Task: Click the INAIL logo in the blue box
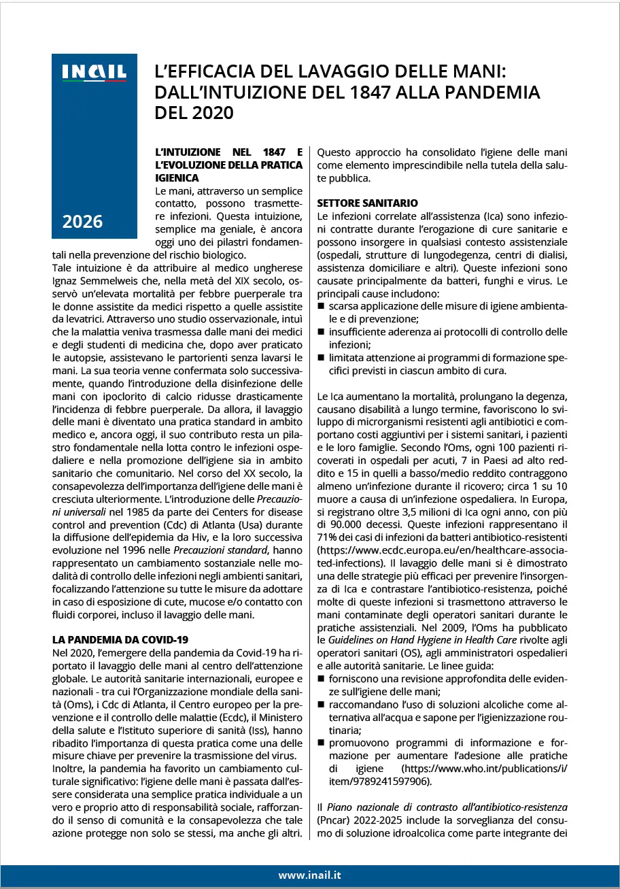point(94,72)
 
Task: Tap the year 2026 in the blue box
point(82,221)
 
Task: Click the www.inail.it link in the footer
point(309,875)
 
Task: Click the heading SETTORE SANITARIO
point(368,203)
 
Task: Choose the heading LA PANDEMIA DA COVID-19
point(120,639)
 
